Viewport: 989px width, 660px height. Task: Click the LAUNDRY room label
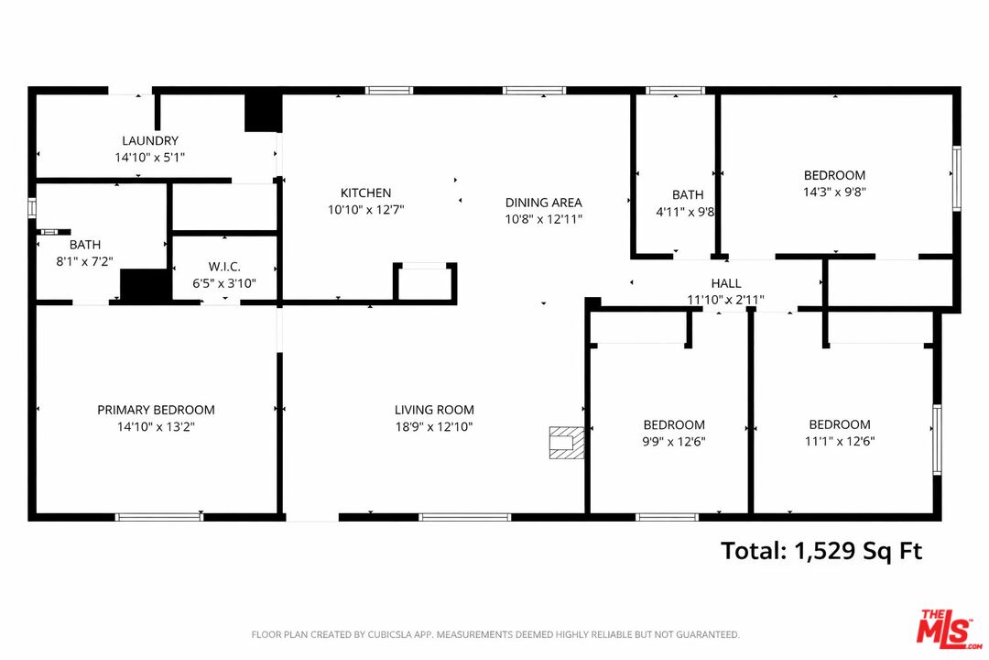[150, 141]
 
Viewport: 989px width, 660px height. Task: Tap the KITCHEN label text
[365, 193]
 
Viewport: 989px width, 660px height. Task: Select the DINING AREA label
[543, 203]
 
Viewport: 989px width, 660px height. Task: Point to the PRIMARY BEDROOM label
[156, 411]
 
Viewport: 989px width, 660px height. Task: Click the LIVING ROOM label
[434, 411]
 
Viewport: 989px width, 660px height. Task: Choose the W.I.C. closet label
[224, 267]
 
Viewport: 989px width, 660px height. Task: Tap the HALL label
[725, 284]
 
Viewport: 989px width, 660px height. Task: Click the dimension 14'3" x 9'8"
[834, 192]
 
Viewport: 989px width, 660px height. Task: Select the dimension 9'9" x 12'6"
[674, 442]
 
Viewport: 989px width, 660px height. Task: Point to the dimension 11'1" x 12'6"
[840, 442]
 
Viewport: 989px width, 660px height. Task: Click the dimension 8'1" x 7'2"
[84, 262]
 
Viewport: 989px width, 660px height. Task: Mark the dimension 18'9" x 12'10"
[434, 427]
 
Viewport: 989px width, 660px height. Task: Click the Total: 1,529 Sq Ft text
[821, 551]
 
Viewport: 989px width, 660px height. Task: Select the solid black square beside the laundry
[262, 113]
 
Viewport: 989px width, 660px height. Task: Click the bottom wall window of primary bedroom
[159, 517]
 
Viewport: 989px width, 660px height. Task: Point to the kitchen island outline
[425, 282]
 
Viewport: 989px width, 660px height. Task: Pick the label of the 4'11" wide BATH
[688, 194]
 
